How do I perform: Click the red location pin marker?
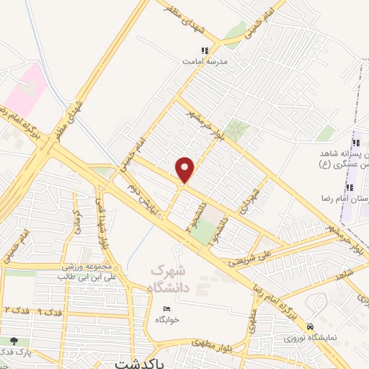coord(185,170)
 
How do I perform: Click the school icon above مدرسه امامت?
coord(204,50)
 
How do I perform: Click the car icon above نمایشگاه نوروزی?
coord(310,325)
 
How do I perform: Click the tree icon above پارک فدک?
coord(13,340)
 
